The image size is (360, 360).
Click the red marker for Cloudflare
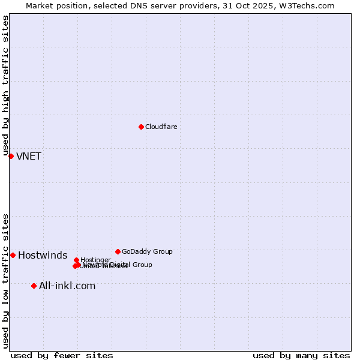[141, 127]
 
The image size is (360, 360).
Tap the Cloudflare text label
[161, 127]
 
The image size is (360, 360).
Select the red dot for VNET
[11, 156]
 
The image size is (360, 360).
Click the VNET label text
[29, 157]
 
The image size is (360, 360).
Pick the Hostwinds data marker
[13, 255]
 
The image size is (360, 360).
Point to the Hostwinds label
[43, 256]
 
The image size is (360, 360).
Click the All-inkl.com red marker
[34, 286]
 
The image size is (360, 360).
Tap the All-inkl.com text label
[67, 286]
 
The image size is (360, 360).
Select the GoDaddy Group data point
[118, 251]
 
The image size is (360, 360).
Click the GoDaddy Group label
[147, 251]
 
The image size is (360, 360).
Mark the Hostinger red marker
[76, 260]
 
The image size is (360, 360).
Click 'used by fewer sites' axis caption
[62, 355]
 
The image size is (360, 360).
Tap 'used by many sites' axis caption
[301, 355]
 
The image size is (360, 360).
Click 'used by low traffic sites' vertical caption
[6, 281]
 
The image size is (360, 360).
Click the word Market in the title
[39, 5]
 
